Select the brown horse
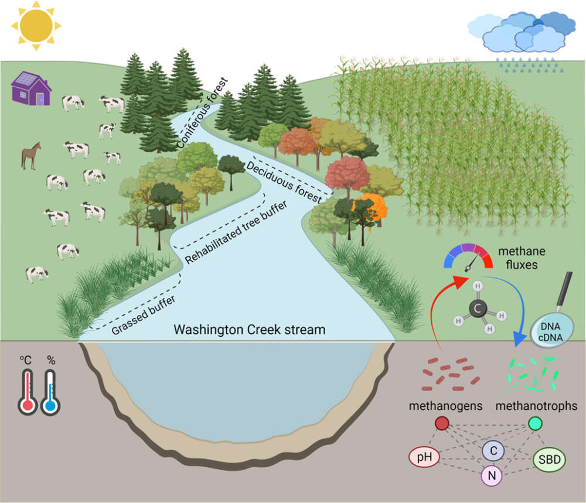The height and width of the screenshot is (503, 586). tap(31, 155)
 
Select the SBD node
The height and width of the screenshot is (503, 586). tap(549, 460)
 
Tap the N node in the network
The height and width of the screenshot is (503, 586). tap(491, 474)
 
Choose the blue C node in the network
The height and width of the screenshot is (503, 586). tap(493, 450)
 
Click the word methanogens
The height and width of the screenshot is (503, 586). tap(442, 405)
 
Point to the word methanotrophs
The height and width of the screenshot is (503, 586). tap(536, 405)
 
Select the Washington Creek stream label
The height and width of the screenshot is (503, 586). tap(249, 330)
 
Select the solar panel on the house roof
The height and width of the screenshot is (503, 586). tap(24, 78)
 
